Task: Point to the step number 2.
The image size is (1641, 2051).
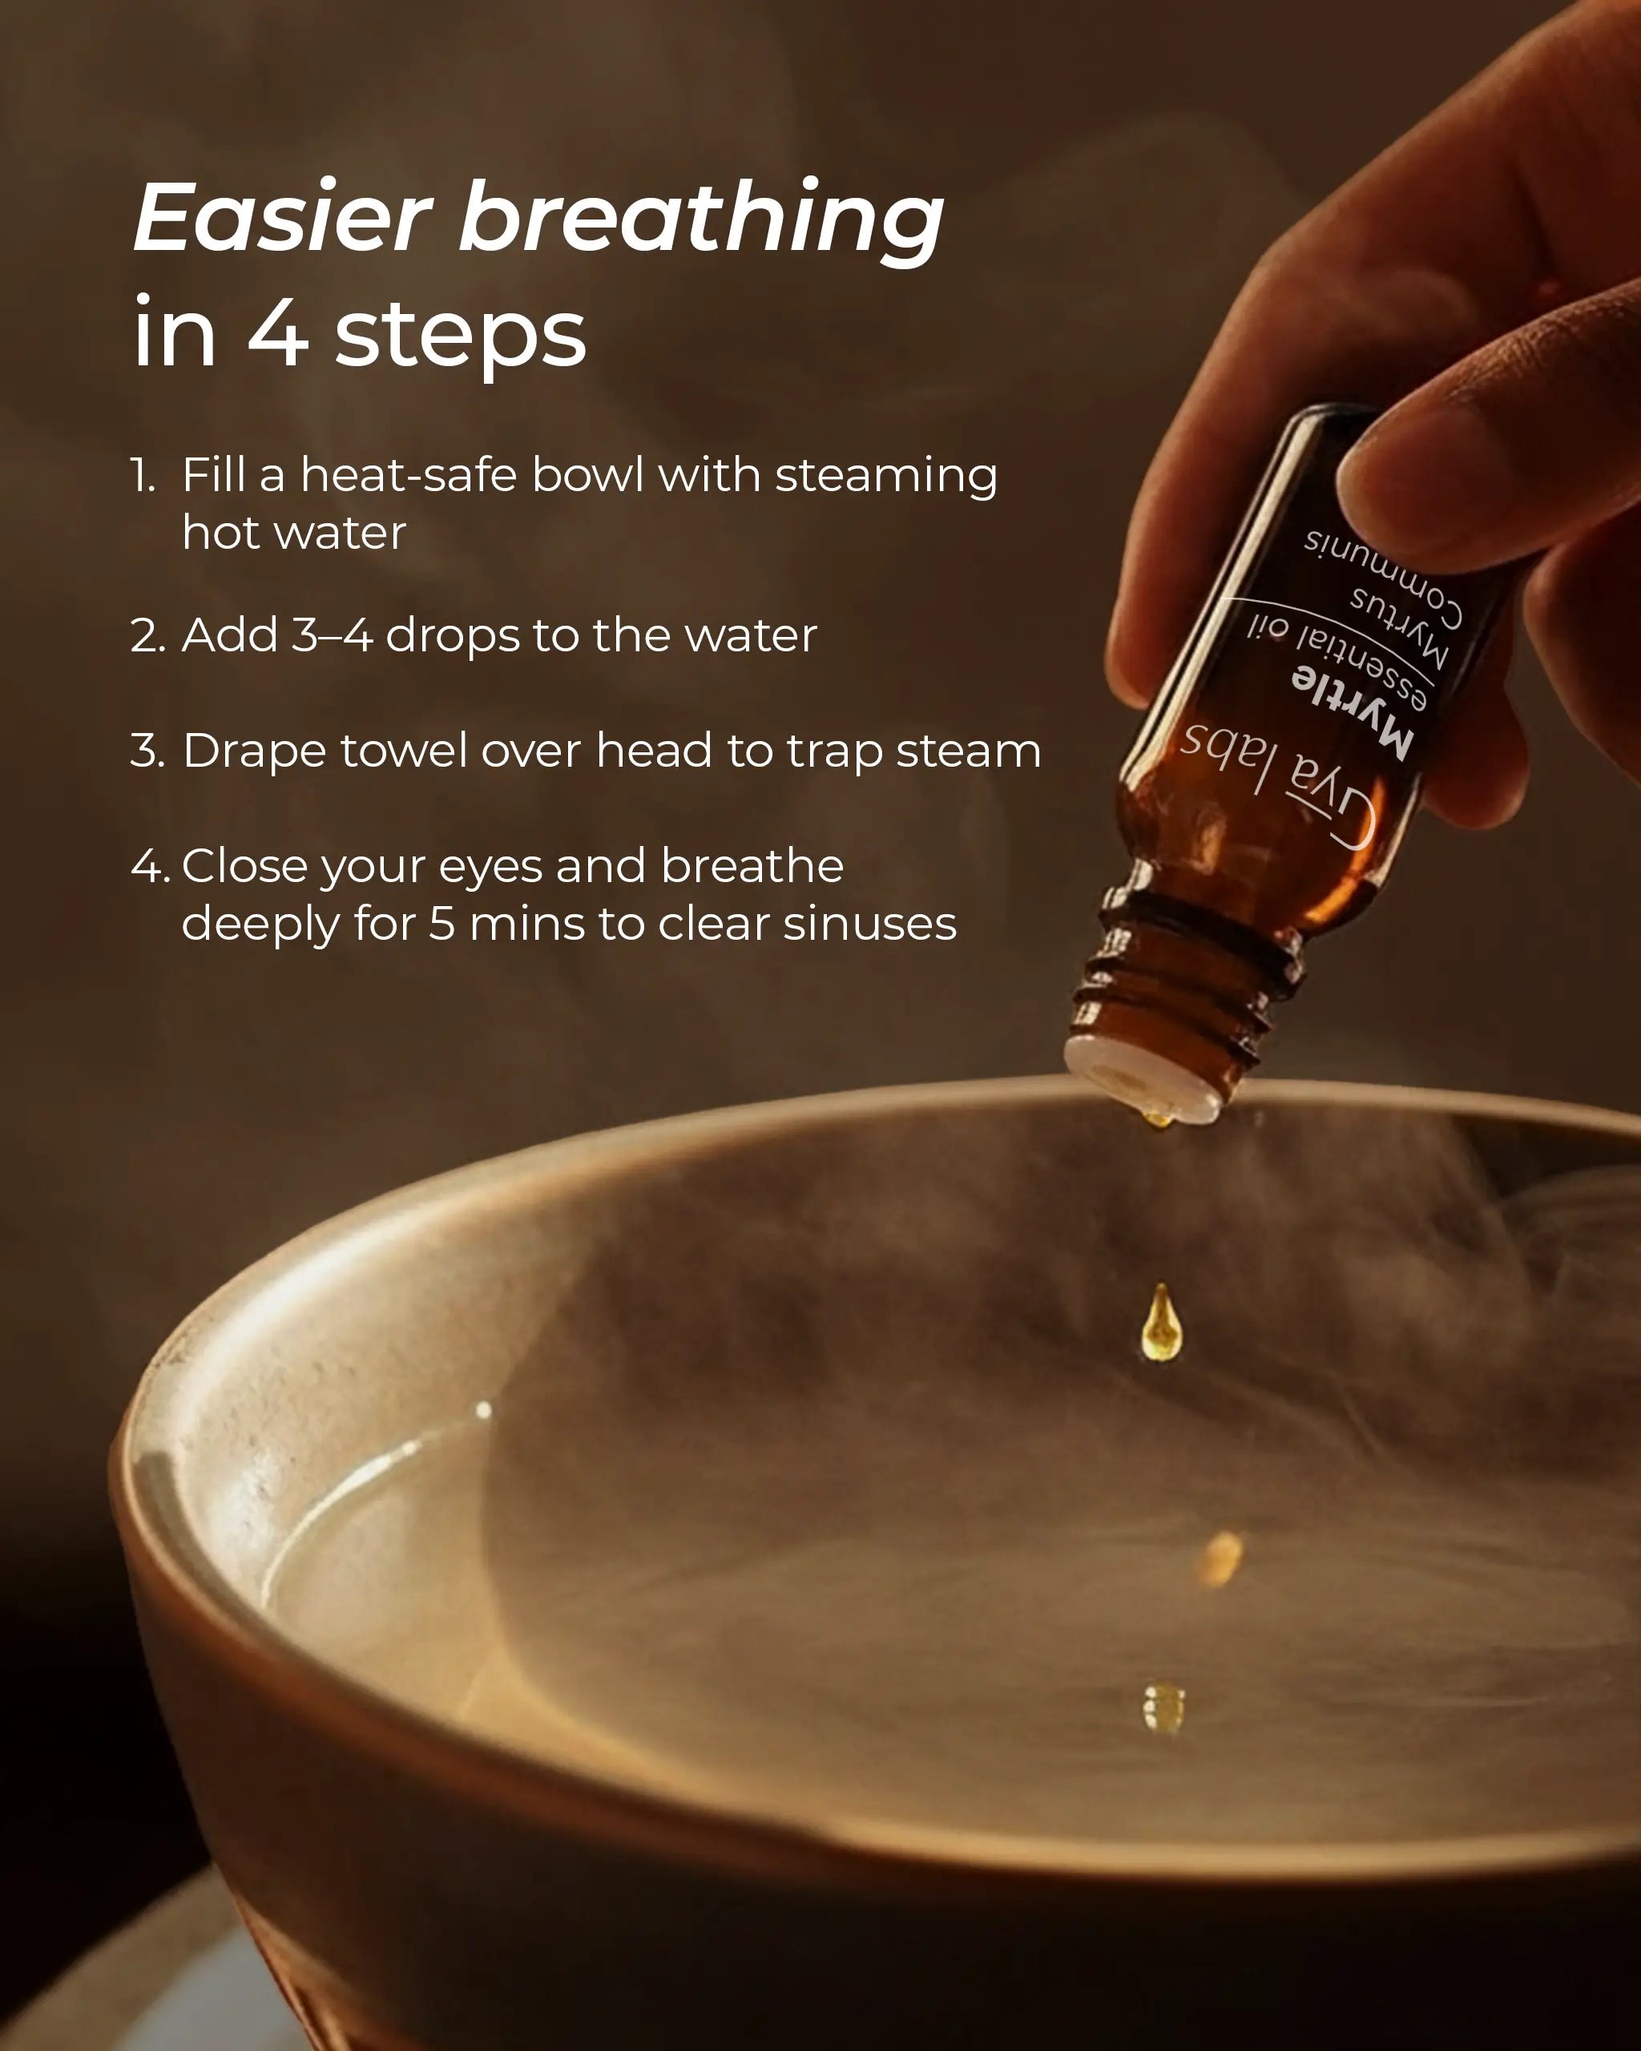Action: pyautogui.click(x=147, y=636)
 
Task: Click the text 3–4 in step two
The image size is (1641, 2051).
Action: pyautogui.click(x=331, y=635)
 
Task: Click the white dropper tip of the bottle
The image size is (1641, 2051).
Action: pyautogui.click(x=1142, y=1080)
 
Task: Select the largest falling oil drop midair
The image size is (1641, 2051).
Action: pyautogui.click(x=1160, y=1325)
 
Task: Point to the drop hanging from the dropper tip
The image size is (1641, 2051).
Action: pyautogui.click(x=1157, y=1118)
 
